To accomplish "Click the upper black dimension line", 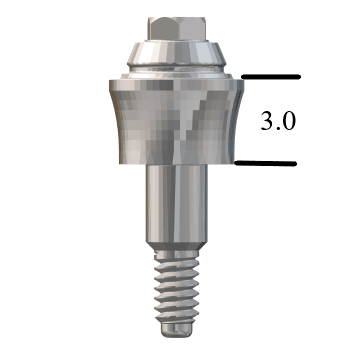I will [270, 76].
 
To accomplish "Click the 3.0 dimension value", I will [277, 122].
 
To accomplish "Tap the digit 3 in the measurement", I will [265, 122].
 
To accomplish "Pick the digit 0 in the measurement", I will [290, 122].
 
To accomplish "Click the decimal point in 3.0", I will [277, 129].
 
